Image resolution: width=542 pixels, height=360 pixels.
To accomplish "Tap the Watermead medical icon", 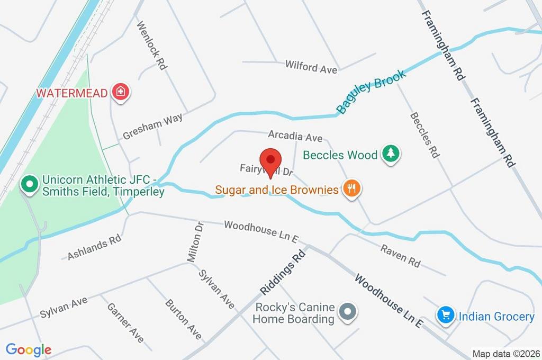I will click(x=121, y=92).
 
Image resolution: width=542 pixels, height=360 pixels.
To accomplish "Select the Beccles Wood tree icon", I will click(x=391, y=154).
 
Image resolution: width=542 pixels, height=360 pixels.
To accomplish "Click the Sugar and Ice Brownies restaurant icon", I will click(x=351, y=188).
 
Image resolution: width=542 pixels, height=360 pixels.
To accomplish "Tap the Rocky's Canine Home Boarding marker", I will click(x=348, y=313).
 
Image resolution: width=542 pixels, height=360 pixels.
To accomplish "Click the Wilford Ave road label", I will click(x=311, y=66).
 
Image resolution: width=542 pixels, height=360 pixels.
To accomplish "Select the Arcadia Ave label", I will click(x=295, y=136).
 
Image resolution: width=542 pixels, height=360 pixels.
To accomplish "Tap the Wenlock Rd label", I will click(x=152, y=45).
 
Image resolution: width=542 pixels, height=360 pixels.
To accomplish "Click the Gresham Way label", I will click(x=152, y=127).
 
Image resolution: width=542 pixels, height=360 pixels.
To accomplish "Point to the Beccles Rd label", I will click(x=424, y=135).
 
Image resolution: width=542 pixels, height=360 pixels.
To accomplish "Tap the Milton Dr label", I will click(x=195, y=241).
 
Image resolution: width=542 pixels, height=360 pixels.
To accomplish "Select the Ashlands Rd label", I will click(x=95, y=248).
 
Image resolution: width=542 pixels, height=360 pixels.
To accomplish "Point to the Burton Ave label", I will click(x=183, y=319).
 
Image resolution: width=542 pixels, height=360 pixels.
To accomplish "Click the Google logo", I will click(x=29, y=349).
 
